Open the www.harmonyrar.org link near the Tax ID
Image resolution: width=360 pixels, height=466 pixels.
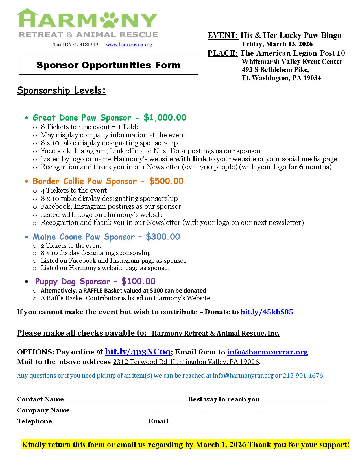point(129,45)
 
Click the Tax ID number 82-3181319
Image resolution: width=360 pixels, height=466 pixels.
point(85,45)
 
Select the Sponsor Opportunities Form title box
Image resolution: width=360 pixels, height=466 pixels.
point(108,65)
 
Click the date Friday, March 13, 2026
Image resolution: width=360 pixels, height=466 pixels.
point(277,44)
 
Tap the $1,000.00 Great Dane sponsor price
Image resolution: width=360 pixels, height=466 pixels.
point(165,117)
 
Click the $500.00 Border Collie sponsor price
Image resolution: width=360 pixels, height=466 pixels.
point(166,181)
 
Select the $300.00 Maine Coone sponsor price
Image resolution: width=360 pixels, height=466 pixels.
point(163,237)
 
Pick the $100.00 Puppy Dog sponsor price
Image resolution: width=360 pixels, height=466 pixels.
point(138,281)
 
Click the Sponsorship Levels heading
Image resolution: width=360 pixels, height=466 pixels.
point(62,91)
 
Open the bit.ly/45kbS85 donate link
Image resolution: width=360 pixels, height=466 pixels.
point(267,312)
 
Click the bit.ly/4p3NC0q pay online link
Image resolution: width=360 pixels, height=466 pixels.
point(138,352)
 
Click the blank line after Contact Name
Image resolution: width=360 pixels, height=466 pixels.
point(126,399)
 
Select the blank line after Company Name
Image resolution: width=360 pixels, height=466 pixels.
point(196,410)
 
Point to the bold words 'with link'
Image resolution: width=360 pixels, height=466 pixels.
point(191,159)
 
